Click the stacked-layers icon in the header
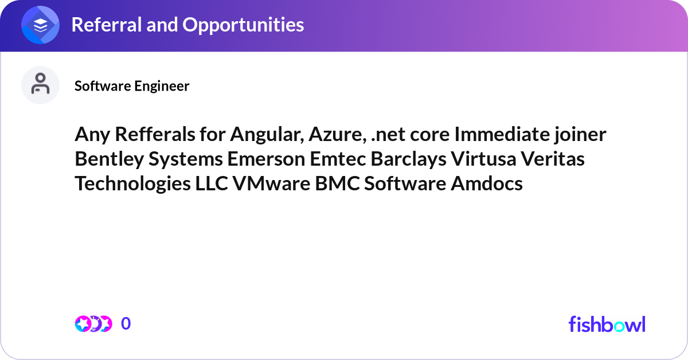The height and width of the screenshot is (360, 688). pyautogui.click(x=41, y=25)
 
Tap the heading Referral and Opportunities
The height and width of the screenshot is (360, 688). pyautogui.click(x=187, y=25)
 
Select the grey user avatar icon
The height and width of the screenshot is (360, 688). pyautogui.click(x=41, y=85)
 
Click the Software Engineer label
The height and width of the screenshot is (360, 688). pyautogui.click(x=132, y=86)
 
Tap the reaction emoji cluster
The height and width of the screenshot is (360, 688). pyautogui.click(x=93, y=324)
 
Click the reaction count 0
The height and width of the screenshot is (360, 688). pyautogui.click(x=126, y=324)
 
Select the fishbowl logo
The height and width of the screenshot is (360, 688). pyautogui.click(x=607, y=324)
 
